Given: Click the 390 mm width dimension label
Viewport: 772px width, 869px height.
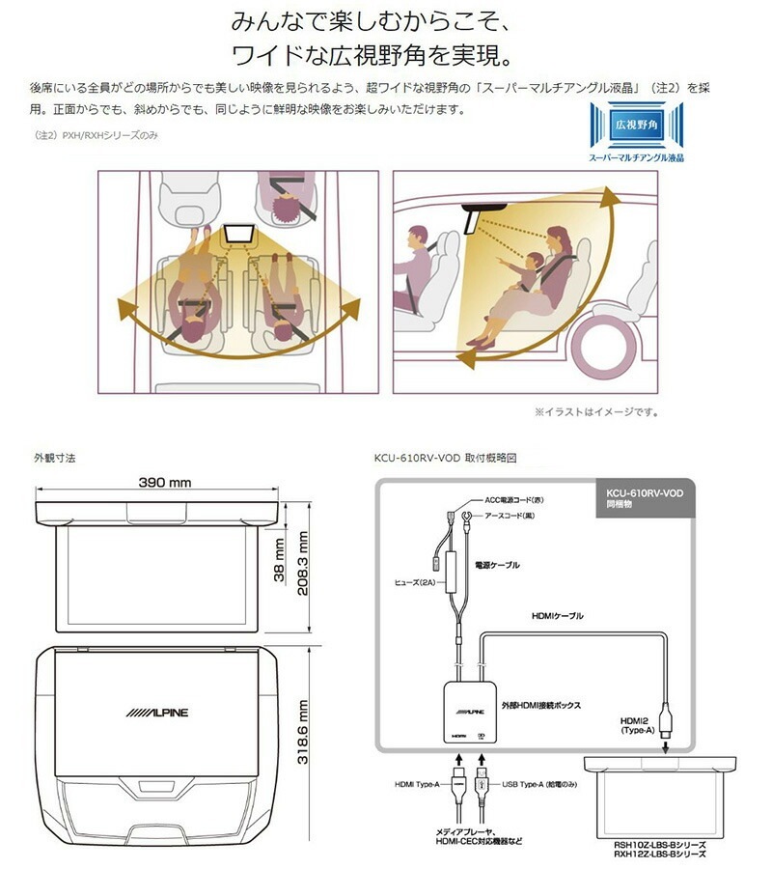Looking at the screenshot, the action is pos(164,482).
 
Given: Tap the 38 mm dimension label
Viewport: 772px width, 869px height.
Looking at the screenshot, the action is pos(280,560).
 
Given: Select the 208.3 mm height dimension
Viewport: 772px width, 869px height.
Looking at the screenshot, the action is pos(302,563).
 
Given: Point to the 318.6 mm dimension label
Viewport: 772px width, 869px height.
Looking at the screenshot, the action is pos(302,732).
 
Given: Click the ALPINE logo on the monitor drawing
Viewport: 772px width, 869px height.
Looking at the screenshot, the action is pos(156,713).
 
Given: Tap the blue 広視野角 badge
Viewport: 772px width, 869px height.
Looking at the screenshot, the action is pos(636,125).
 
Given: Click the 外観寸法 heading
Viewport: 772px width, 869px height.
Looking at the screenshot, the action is pos(54,458).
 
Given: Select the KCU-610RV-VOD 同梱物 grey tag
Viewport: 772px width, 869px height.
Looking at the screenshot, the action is pos(646,499).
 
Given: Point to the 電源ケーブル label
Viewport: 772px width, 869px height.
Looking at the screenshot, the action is pos(497,565).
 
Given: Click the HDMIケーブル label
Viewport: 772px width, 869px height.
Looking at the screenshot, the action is pos(557,616).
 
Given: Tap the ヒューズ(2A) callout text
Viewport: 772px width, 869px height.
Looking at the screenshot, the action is pos(415,582).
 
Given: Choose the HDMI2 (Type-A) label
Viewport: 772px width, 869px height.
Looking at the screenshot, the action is pos(637,725).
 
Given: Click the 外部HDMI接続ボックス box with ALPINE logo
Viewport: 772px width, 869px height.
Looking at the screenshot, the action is pos(470,713).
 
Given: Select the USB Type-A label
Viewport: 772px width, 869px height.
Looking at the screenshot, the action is pos(539,784).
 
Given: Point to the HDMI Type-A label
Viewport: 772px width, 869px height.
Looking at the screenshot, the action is pos(417,784).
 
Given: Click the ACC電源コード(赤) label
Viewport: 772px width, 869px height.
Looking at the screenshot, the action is pos(514,500).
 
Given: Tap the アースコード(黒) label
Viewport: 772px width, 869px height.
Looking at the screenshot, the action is pos(510,516).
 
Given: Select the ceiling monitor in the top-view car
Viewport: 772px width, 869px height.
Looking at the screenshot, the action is pos(239,235).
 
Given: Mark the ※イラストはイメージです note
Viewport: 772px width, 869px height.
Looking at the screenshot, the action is pos(597,411).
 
